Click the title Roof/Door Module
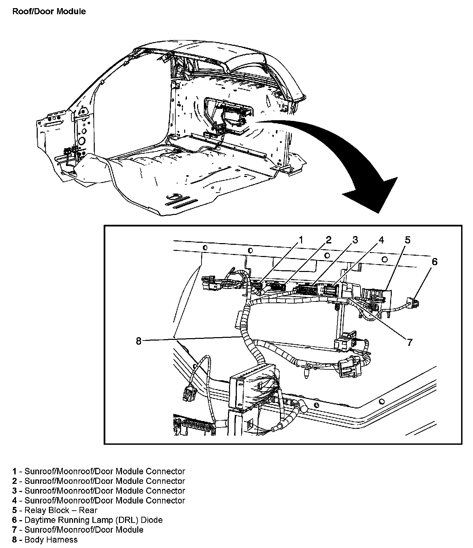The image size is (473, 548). point(49,12)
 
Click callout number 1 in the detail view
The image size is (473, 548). point(300,240)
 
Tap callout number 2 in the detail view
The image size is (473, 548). point(328,240)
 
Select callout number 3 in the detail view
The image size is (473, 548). point(355,240)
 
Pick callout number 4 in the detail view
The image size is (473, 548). point(381,240)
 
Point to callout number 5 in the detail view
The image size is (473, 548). point(407,240)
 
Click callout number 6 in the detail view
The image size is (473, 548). point(434,261)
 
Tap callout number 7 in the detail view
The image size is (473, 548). point(409,342)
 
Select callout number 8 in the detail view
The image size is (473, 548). point(138,341)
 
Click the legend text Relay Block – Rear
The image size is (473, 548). point(61,510)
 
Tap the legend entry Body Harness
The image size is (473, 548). point(51,540)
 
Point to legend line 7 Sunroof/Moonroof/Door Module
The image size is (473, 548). point(84,530)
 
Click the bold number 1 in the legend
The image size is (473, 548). point(14,471)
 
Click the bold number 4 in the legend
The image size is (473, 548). point(14,500)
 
